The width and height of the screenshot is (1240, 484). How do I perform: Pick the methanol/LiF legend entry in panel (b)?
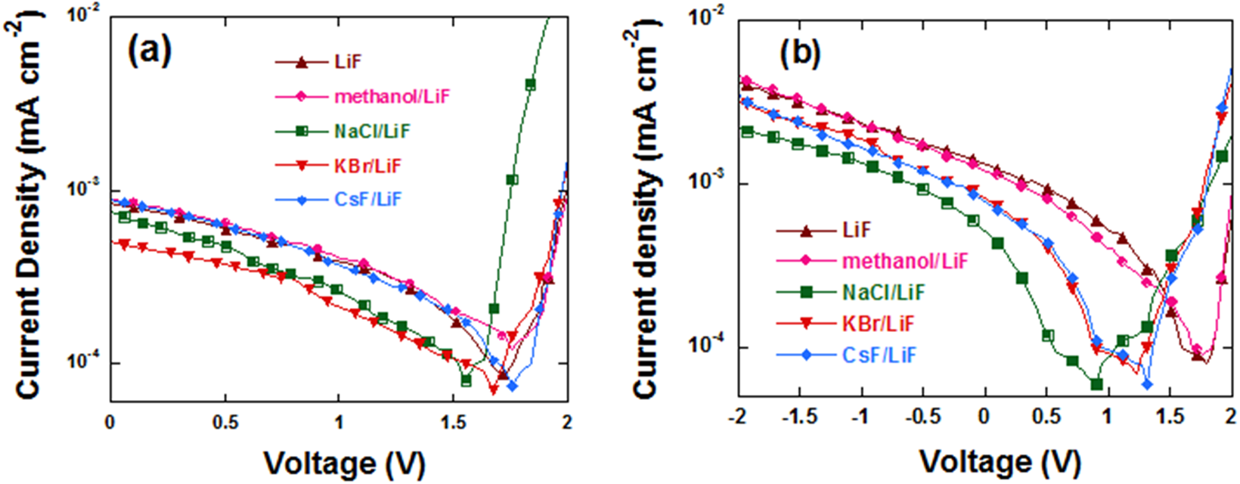point(904,261)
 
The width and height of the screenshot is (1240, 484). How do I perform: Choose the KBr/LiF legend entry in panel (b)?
point(878,324)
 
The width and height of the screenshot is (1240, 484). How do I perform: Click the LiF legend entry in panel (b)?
point(856,230)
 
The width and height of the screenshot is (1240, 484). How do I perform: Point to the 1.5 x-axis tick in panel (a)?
point(454,421)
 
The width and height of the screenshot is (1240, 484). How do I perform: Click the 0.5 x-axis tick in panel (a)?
point(224,421)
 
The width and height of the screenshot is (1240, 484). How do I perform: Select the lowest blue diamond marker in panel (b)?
point(1147,384)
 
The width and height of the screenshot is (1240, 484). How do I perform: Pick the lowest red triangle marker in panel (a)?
point(494,390)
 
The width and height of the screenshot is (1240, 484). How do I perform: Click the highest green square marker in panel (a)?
point(530,85)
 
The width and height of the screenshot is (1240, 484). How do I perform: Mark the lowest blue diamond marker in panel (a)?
point(512,386)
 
